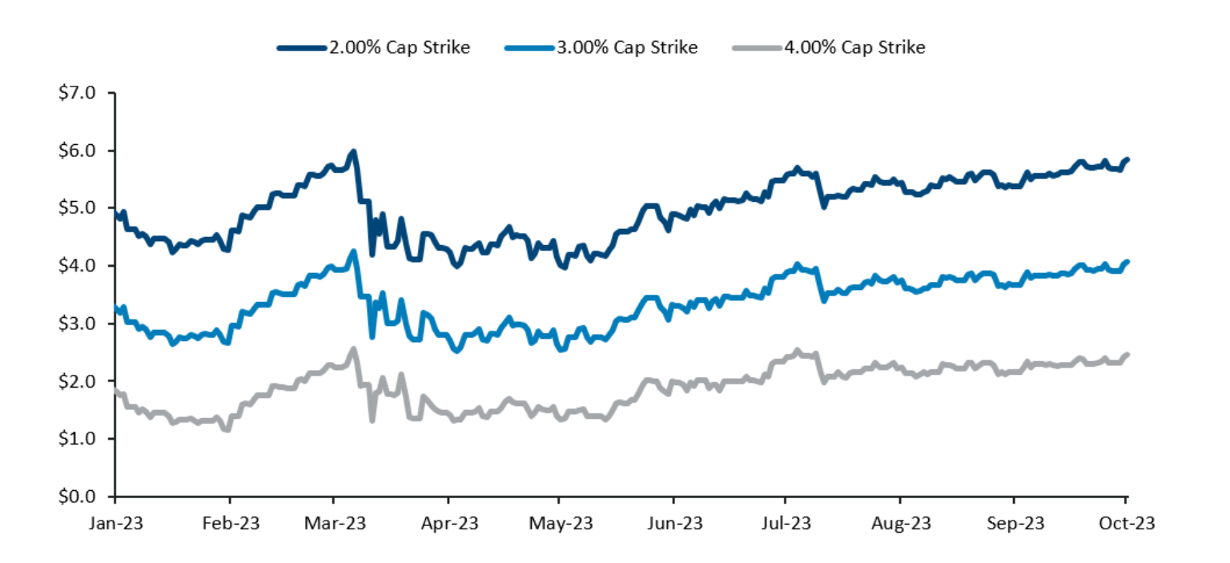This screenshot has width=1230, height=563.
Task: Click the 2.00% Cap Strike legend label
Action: pos(398,47)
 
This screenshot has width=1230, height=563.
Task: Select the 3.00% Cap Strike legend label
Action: pos(627,47)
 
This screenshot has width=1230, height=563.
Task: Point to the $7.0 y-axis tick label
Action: pos(78,93)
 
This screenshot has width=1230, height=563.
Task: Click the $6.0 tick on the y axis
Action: pos(78,151)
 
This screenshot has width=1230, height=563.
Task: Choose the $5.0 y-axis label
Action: pos(78,208)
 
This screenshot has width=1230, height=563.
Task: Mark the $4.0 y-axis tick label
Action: pos(78,266)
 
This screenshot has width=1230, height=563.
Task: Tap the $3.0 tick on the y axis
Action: pos(78,324)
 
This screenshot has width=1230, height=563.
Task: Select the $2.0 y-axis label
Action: pos(78,381)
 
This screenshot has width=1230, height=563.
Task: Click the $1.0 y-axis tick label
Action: pos(78,439)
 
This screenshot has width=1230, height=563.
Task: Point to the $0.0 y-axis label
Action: pos(78,497)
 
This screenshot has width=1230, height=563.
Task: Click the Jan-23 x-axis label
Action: pos(115,523)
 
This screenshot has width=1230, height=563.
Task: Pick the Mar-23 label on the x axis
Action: pos(336,523)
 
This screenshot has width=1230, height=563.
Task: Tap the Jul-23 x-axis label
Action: pos(786,523)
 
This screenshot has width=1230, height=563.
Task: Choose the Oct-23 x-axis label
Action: pos(1126,523)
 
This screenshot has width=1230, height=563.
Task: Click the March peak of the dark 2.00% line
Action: pos(352,151)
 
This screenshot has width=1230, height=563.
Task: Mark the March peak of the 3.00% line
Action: pos(352,251)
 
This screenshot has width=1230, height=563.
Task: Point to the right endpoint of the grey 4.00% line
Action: pos(1127,355)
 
